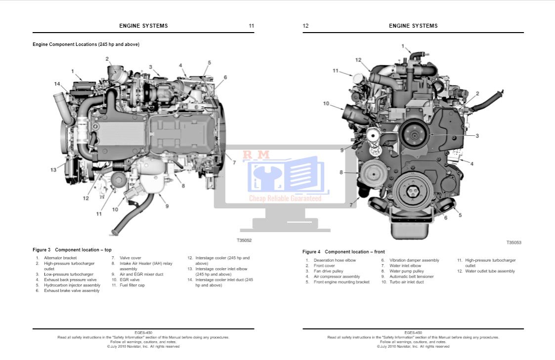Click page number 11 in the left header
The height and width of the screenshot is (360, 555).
coord(251,26)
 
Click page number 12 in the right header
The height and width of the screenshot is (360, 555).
coord(305,26)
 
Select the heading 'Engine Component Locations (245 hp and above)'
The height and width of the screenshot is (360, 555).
coord(86,44)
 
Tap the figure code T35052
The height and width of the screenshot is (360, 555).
coord(244,240)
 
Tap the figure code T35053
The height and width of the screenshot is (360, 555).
coord(514,242)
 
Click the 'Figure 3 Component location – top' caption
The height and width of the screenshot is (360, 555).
coord(72,250)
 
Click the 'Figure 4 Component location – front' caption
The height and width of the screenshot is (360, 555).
coord(343,252)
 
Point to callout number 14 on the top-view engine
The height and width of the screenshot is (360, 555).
coord(57,84)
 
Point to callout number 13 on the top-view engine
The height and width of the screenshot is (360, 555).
coord(53,170)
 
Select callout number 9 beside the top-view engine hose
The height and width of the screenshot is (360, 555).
coord(167,206)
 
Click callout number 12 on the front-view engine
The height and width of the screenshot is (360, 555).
coord(358,60)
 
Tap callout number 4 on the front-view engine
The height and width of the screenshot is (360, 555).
coord(471,163)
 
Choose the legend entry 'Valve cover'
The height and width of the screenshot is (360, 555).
coord(130,258)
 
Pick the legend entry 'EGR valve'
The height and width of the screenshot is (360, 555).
coord(129,280)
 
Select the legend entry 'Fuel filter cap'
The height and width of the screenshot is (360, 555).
coord(132,285)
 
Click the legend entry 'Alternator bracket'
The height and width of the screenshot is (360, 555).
coord(60,258)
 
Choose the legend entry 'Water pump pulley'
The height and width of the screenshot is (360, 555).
coord(406,271)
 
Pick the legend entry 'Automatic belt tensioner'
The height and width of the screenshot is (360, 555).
coord(411,277)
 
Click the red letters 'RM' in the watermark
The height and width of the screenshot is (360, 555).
coord(256,155)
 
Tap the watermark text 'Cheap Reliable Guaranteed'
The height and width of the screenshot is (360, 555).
coord(285,199)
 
